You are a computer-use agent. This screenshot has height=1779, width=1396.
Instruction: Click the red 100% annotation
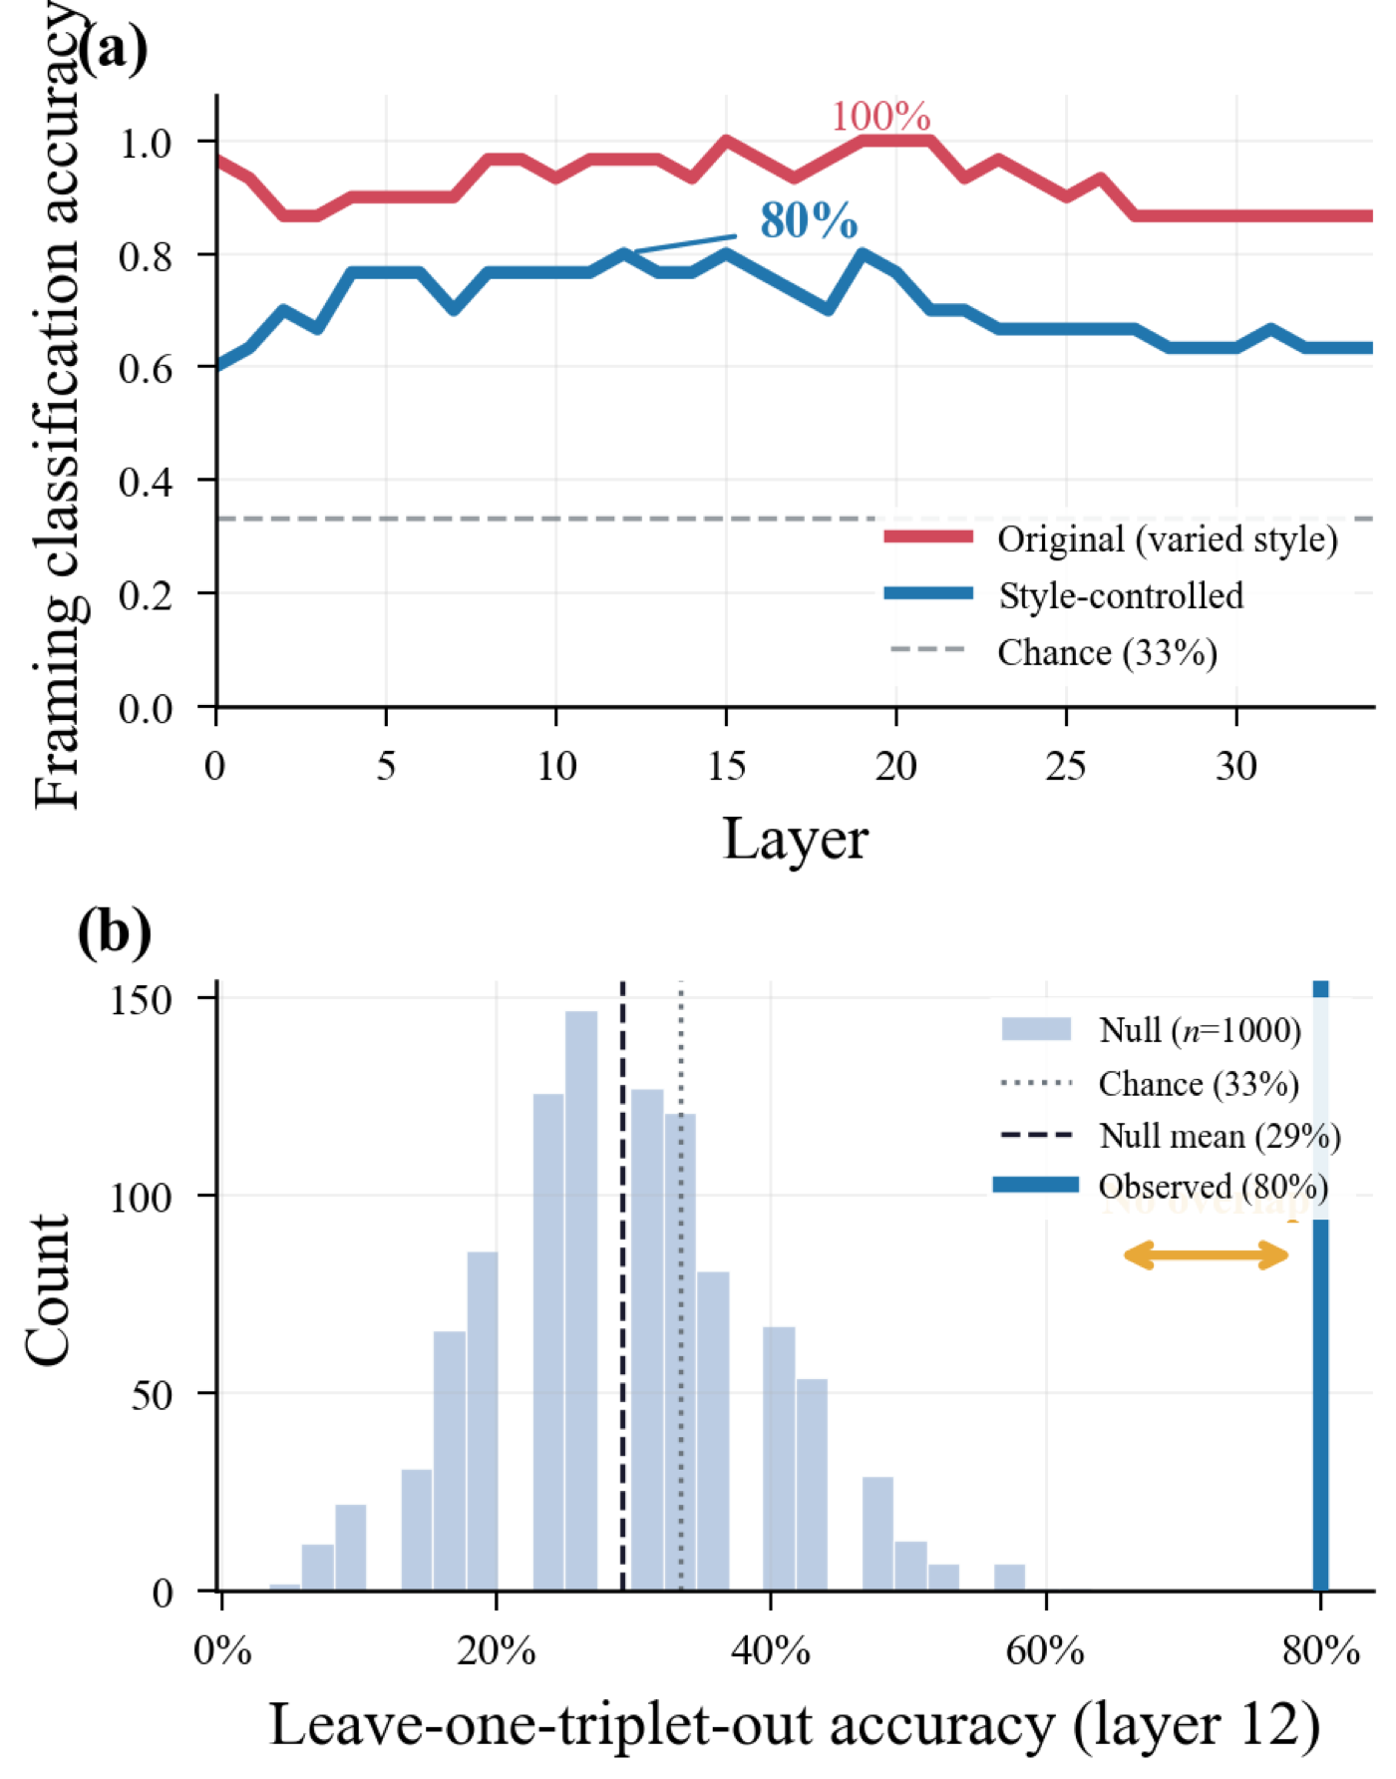pyautogui.click(x=880, y=117)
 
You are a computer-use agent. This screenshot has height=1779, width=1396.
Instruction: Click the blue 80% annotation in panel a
pyautogui.click(x=808, y=220)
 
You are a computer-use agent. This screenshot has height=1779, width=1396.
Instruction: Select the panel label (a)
pyautogui.click(x=112, y=48)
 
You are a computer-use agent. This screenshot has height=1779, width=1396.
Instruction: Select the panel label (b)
pyautogui.click(x=114, y=931)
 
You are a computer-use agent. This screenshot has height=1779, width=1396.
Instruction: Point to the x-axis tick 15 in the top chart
pyautogui.click(x=726, y=766)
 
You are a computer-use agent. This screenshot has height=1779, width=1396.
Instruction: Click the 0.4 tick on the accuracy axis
pyautogui.click(x=145, y=482)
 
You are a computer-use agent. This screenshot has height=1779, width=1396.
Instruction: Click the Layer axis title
pyautogui.click(x=795, y=839)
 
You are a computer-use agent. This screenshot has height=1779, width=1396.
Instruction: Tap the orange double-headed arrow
pyautogui.click(x=1206, y=1254)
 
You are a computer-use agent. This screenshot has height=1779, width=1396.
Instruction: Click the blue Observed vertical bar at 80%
pyautogui.click(x=1320, y=1396)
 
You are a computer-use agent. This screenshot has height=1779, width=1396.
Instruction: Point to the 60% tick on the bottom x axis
pyautogui.click(x=1044, y=1651)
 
